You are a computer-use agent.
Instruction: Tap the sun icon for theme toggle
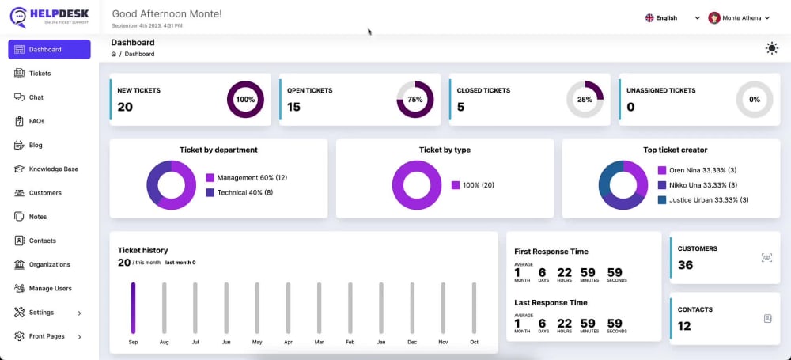(x=771, y=48)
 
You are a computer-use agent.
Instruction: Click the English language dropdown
(x=672, y=17)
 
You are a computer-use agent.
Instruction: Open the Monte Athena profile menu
(x=739, y=17)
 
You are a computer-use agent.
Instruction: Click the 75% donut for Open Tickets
(x=415, y=100)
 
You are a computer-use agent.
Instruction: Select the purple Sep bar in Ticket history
(x=133, y=308)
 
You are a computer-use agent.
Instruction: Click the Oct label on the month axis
(x=474, y=342)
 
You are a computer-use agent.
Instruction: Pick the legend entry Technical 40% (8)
(x=240, y=192)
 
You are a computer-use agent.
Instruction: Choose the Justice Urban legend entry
(x=703, y=200)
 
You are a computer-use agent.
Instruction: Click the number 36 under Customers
(x=685, y=265)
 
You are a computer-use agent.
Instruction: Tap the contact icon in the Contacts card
(x=767, y=319)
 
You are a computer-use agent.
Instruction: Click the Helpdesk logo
(x=49, y=17)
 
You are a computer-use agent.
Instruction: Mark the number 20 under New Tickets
(x=125, y=107)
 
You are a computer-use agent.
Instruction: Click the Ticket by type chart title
(x=445, y=150)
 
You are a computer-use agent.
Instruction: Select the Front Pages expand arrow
(x=79, y=337)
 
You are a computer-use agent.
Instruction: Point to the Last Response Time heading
(x=551, y=303)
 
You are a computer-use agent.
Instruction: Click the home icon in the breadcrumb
(x=113, y=54)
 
